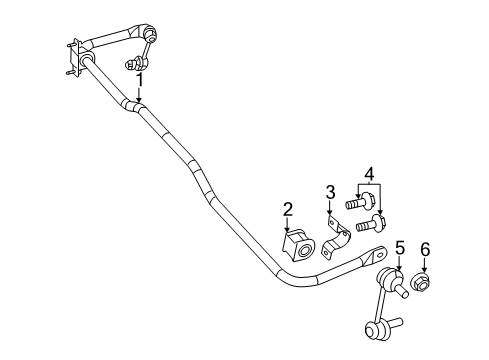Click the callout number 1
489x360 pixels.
tap(140, 79)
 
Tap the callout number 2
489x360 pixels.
tap(287, 209)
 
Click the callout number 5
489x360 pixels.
tap(398, 247)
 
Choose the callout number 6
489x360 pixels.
tap(426, 249)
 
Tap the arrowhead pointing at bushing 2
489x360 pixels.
tap(290, 232)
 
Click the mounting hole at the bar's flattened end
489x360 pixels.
tap(376, 255)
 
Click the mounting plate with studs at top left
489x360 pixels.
tap(73, 56)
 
